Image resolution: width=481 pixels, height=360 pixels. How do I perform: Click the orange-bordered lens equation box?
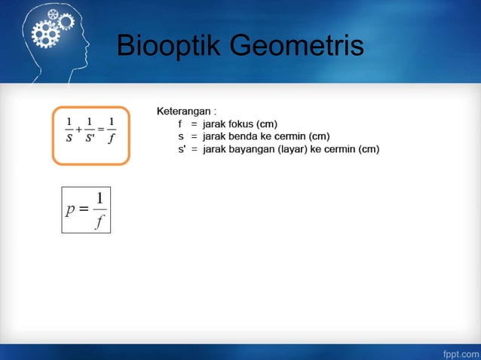coord(91,135)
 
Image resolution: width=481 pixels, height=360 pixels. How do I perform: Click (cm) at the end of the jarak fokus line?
coord(267,124)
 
